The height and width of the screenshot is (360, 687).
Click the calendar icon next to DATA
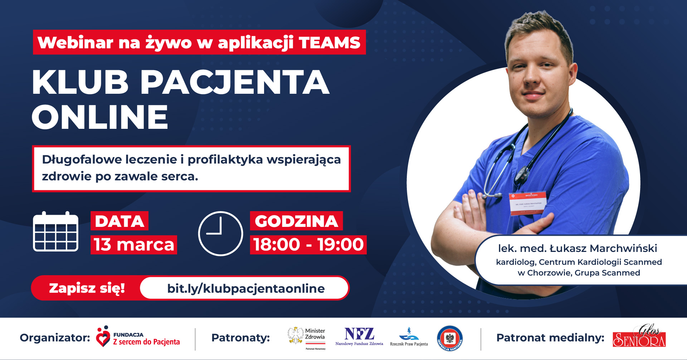tap(55, 232)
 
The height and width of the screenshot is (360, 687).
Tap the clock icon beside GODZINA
tap(220, 233)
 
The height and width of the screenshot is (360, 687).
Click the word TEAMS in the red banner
tap(330, 43)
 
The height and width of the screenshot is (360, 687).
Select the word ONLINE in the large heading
tap(100, 117)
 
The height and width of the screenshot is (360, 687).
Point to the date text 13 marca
tap(134, 245)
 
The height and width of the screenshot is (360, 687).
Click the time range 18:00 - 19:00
tap(308, 245)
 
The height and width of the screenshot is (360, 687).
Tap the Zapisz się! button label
tap(87, 288)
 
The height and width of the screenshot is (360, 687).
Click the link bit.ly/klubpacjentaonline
tap(246, 288)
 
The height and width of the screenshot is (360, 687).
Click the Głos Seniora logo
tap(639, 336)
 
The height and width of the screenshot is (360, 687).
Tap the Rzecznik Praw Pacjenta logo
tap(409, 337)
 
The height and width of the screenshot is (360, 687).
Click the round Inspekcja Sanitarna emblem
tap(450, 338)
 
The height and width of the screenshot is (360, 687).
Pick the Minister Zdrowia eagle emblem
tap(296, 335)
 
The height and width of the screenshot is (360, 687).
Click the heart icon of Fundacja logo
tap(103, 336)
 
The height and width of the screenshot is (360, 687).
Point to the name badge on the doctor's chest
tap(528, 203)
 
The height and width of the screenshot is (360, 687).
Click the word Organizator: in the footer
tap(55, 337)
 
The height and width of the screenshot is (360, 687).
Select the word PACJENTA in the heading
tap(235, 82)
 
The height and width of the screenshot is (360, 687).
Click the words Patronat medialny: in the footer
tap(550, 337)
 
